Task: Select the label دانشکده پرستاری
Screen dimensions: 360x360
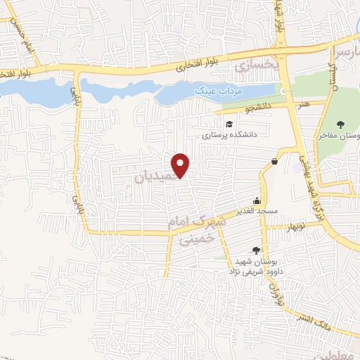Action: pos(231,134)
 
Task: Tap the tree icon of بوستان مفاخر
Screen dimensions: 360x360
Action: pos(341,124)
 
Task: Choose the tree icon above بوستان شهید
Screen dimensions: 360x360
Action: pos(256,250)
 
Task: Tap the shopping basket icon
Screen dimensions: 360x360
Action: pos(274,162)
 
